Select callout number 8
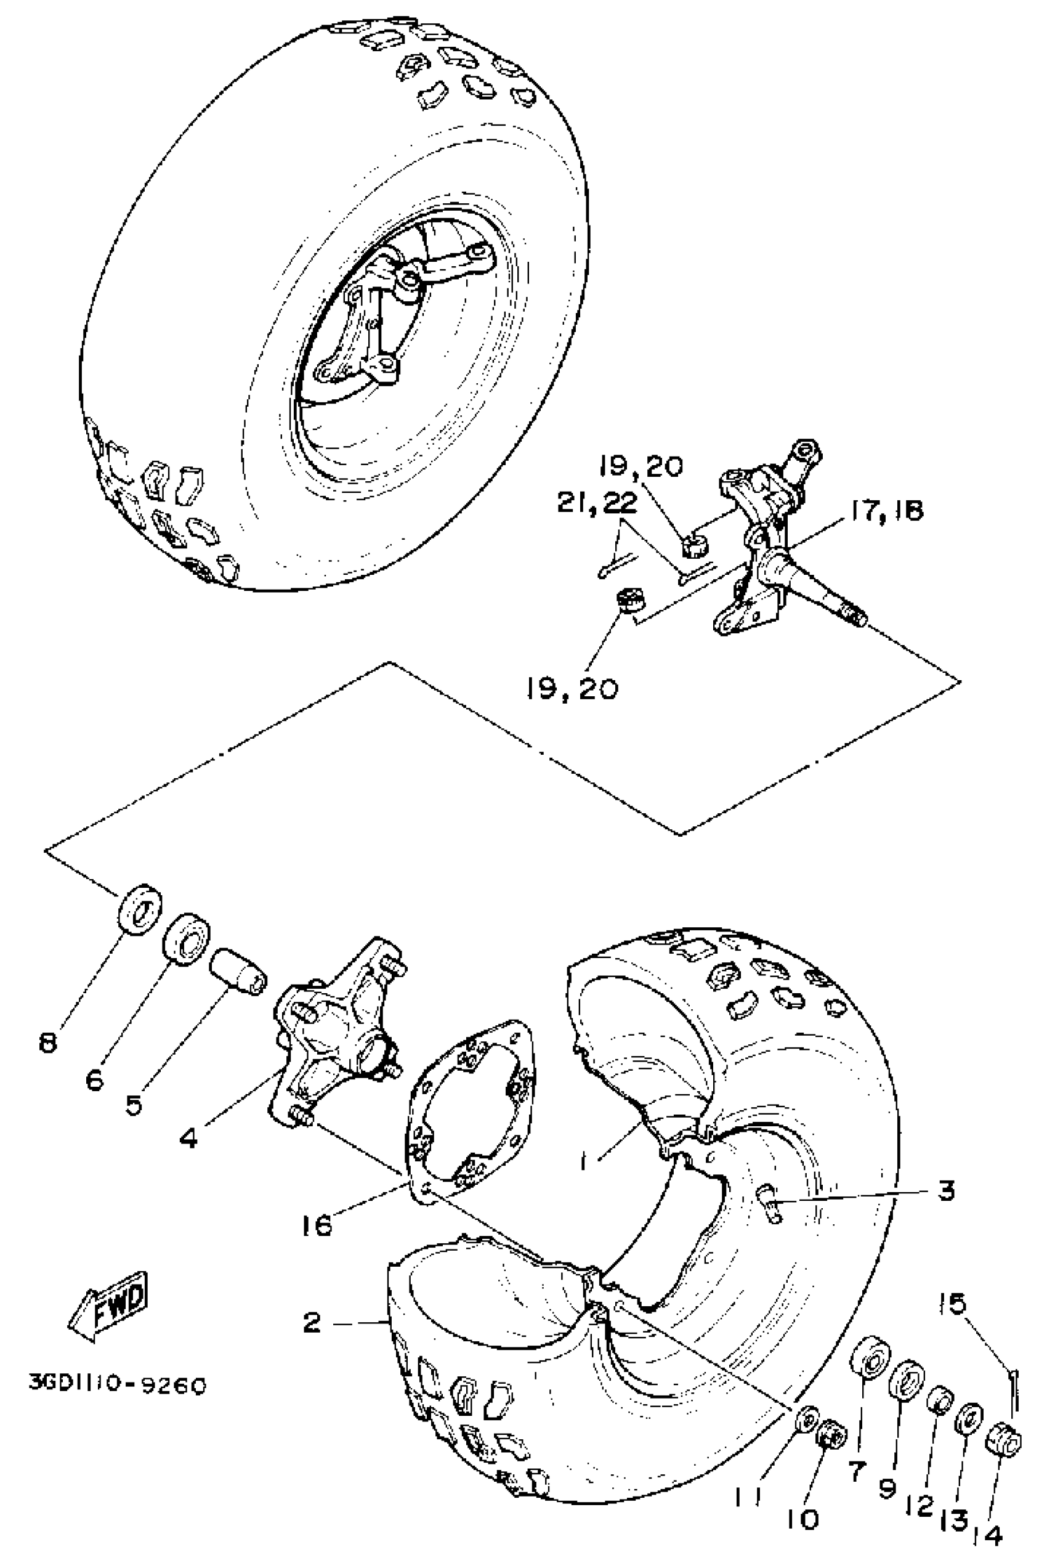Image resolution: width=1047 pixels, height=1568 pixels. tap(48, 1042)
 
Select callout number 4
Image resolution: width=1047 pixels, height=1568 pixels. tap(188, 1137)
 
